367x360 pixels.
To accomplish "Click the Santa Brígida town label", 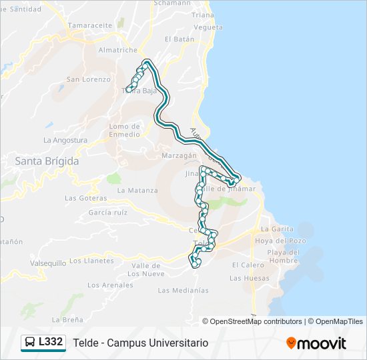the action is pyautogui.click(x=47, y=161).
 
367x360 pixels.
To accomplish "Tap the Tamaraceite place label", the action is pyautogui.click(x=89, y=25).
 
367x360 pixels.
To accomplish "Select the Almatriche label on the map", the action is pyautogui.click(x=117, y=50).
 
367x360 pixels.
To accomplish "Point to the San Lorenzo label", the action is pyautogui.click(x=87, y=79).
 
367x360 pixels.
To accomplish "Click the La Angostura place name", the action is pyautogui.click(x=65, y=141).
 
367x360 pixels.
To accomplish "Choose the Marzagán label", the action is pyautogui.click(x=177, y=156).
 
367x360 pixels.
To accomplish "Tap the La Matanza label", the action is pyautogui.click(x=137, y=190).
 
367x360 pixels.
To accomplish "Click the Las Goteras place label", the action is pyautogui.click(x=85, y=198).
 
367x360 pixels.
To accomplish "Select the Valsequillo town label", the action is pyautogui.click(x=48, y=263).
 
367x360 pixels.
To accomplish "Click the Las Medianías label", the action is pyautogui.click(x=183, y=290).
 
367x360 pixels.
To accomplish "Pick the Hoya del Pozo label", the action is pyautogui.click(x=280, y=241).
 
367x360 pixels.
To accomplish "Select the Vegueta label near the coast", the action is pyautogui.click(x=208, y=27).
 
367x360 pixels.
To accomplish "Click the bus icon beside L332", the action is pyautogui.click(x=30, y=343).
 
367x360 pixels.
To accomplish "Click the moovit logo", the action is pyautogui.click(x=316, y=343).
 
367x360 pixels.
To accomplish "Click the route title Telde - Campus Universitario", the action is pyautogui.click(x=140, y=343).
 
